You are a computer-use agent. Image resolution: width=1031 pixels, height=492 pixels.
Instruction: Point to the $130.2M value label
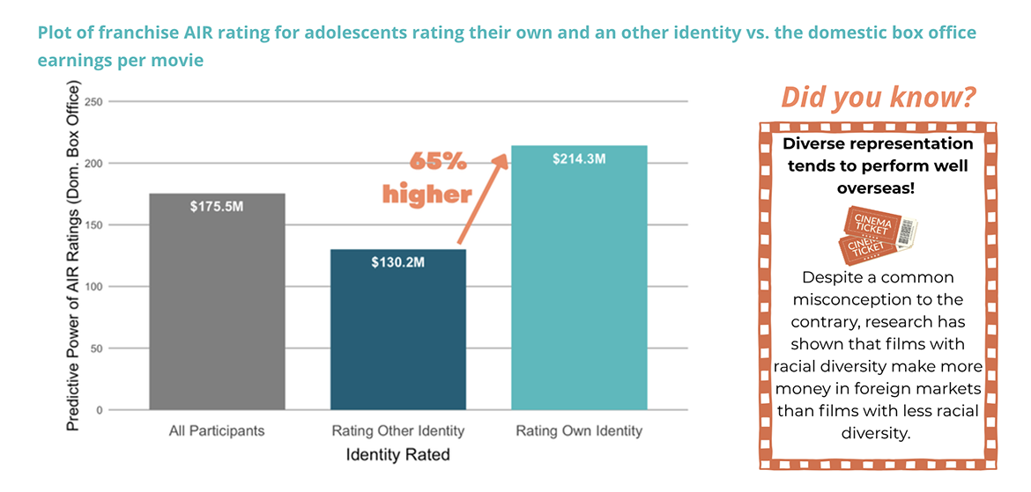pos(398,262)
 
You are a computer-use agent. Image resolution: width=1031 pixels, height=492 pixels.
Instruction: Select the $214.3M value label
pos(579,158)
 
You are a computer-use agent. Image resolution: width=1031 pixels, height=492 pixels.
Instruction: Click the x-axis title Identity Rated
pos(397,455)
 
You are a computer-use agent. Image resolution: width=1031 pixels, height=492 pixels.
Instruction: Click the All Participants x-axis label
pos(217,431)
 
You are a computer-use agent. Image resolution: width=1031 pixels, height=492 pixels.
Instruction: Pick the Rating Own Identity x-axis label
pos(579,431)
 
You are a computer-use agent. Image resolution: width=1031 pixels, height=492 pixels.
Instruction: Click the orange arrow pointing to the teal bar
pos(482,198)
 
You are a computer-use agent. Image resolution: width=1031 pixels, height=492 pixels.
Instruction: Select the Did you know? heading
pos(878,98)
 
